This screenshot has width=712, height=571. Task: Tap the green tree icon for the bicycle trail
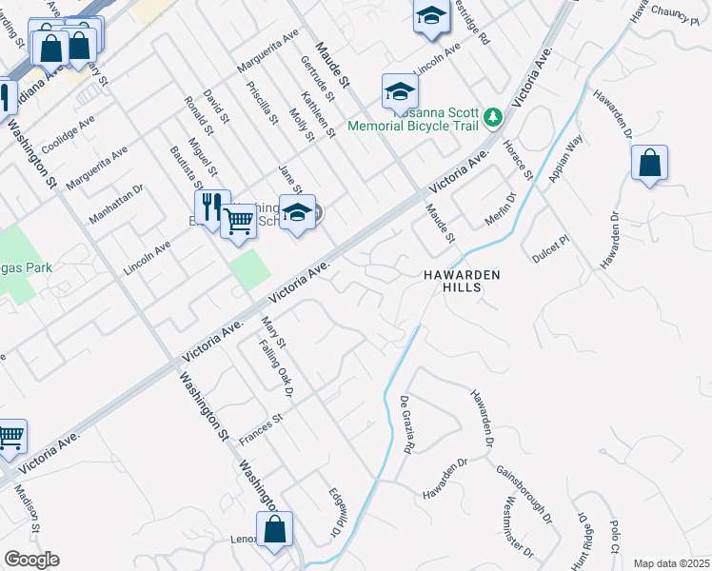(x=492, y=118)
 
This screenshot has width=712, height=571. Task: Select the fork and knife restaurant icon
(x=211, y=207)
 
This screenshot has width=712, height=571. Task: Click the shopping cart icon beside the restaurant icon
(x=238, y=221)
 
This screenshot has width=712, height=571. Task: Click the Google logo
(x=31, y=560)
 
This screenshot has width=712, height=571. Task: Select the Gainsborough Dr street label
(x=524, y=495)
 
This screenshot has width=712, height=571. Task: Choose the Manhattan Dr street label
(x=115, y=204)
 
